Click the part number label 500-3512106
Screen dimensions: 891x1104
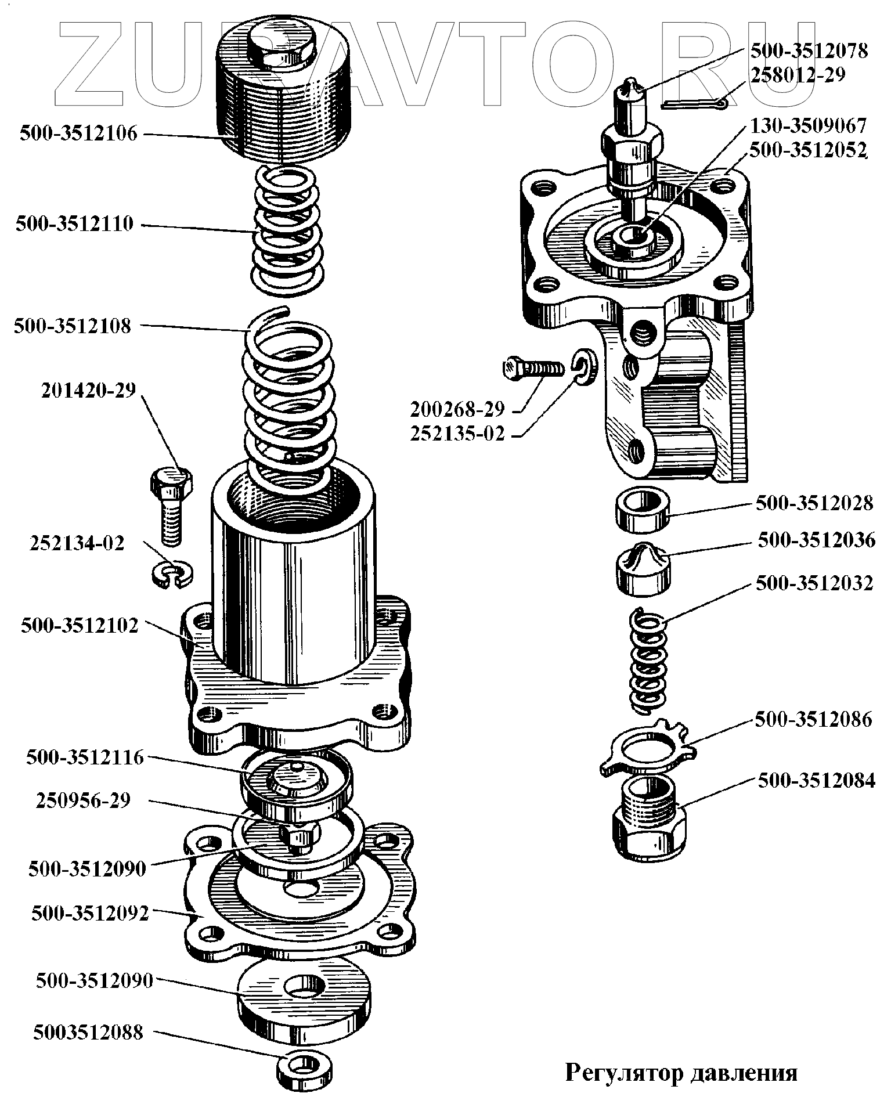[x=79, y=134]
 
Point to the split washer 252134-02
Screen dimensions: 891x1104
[x=173, y=575]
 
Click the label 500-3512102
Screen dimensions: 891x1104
[x=80, y=626]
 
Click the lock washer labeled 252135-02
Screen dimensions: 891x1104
[x=582, y=367]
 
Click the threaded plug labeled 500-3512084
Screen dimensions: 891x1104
[x=649, y=816]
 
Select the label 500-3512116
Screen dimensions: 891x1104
[x=85, y=757]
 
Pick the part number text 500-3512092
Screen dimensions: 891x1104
[x=90, y=914]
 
